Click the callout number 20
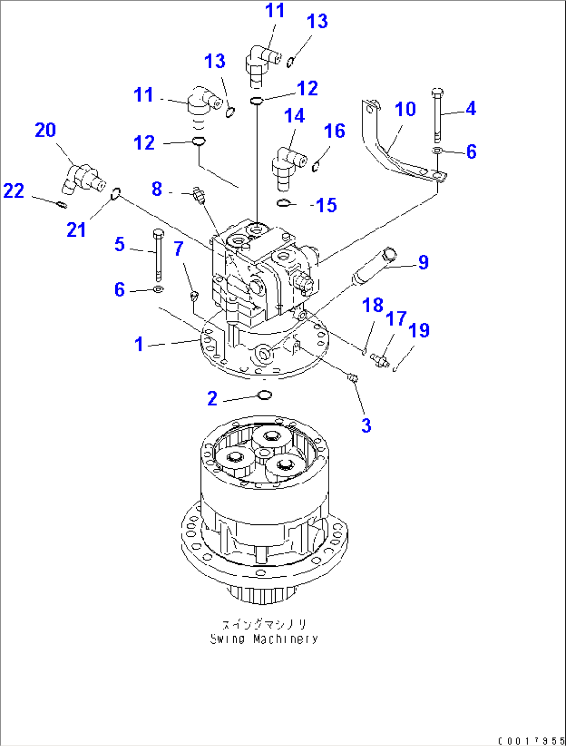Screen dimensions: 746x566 click(45, 130)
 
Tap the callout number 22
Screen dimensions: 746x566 click(14, 191)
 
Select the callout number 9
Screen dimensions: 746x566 click(423, 263)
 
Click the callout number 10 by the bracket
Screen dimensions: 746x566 click(405, 110)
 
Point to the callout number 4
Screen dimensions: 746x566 click(470, 109)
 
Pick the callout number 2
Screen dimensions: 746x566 click(212, 399)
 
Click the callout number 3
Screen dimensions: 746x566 click(366, 426)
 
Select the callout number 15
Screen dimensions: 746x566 click(326, 206)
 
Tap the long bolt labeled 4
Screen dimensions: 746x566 click(437, 116)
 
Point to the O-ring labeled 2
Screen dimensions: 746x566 click(265, 396)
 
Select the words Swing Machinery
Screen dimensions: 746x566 click(264, 639)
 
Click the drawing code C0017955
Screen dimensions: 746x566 click(531, 741)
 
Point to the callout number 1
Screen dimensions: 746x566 click(139, 344)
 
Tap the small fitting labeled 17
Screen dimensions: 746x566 click(380, 359)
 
